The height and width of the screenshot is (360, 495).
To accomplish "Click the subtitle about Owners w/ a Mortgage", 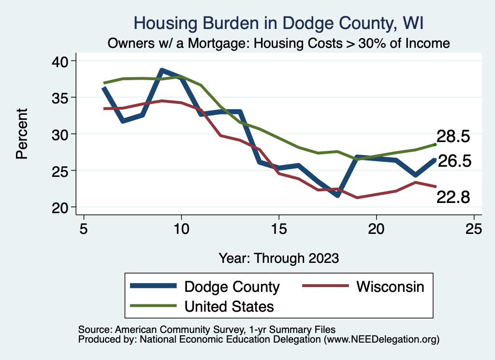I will pyautogui.click(x=278, y=43).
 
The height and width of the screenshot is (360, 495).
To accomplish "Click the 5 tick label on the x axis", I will pyautogui.click(x=84, y=229).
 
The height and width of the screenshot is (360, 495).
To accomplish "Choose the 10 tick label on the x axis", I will pyautogui.click(x=181, y=229).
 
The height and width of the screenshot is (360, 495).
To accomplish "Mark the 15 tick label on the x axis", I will pyautogui.click(x=279, y=229).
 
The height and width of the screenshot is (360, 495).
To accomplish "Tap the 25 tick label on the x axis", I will pyautogui.click(x=474, y=229).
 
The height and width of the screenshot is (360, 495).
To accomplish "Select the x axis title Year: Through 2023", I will pyautogui.click(x=278, y=258).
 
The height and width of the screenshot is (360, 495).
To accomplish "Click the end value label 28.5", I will pyautogui.click(x=453, y=136).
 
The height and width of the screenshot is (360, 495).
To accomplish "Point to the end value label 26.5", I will pyautogui.click(x=454, y=161).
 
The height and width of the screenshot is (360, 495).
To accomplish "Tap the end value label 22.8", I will pyautogui.click(x=453, y=197).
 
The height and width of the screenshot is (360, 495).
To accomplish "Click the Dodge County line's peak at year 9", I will pyautogui.click(x=162, y=71).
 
